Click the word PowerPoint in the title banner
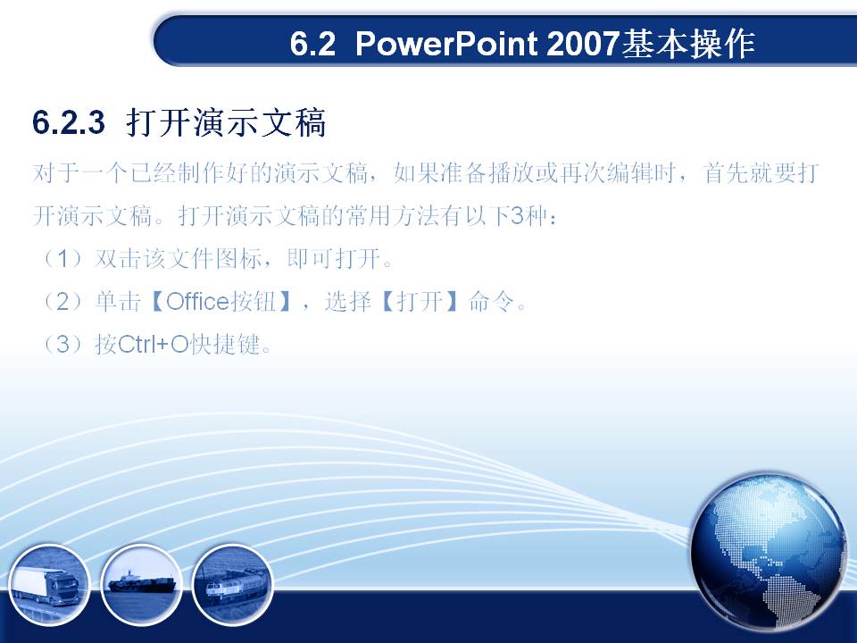click(446, 43)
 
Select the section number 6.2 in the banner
click(312, 43)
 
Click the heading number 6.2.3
click(69, 121)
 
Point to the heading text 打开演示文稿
click(226, 122)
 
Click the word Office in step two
click(196, 301)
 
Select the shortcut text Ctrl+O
click(153, 345)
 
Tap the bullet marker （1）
click(63, 258)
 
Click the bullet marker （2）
click(63, 301)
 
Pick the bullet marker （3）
click(63, 345)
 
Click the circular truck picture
click(48, 585)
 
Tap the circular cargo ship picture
click(141, 585)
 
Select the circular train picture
click(233, 585)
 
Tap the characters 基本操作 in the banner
click(688, 43)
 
